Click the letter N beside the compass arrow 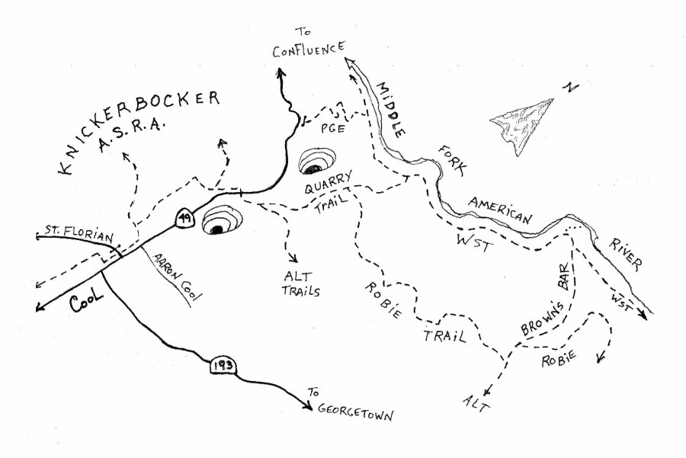[569, 88]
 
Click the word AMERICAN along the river [500, 210]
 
